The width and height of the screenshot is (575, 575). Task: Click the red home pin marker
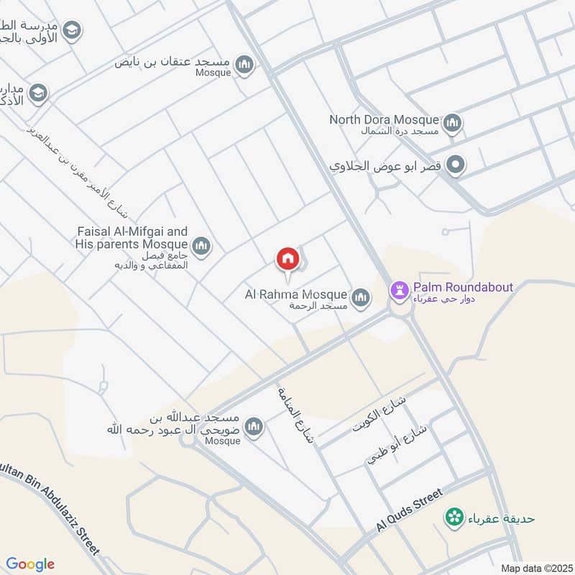click(287, 258)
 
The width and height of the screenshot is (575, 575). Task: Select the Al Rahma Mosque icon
click(360, 296)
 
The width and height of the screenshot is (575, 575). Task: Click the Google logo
click(29, 564)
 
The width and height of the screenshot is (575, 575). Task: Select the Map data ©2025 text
click(535, 568)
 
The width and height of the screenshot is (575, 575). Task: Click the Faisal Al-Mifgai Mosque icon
click(201, 247)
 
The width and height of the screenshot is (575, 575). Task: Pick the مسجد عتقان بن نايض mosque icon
click(245, 65)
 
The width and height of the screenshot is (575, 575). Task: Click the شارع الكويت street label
click(370, 414)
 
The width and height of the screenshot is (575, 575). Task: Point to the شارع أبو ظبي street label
click(397, 444)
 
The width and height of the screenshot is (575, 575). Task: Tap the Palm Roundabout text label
click(463, 287)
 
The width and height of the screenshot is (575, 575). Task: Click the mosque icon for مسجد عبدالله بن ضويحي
click(253, 428)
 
